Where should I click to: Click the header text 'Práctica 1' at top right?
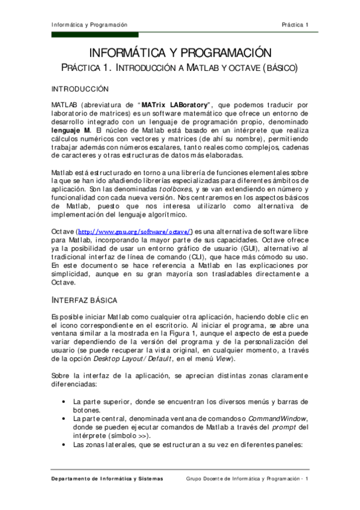[x=295, y=25]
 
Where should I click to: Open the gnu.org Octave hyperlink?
[x=132, y=232]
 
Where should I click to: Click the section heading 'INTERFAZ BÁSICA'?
[x=84, y=299]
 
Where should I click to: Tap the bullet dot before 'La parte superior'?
[x=63, y=401]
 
